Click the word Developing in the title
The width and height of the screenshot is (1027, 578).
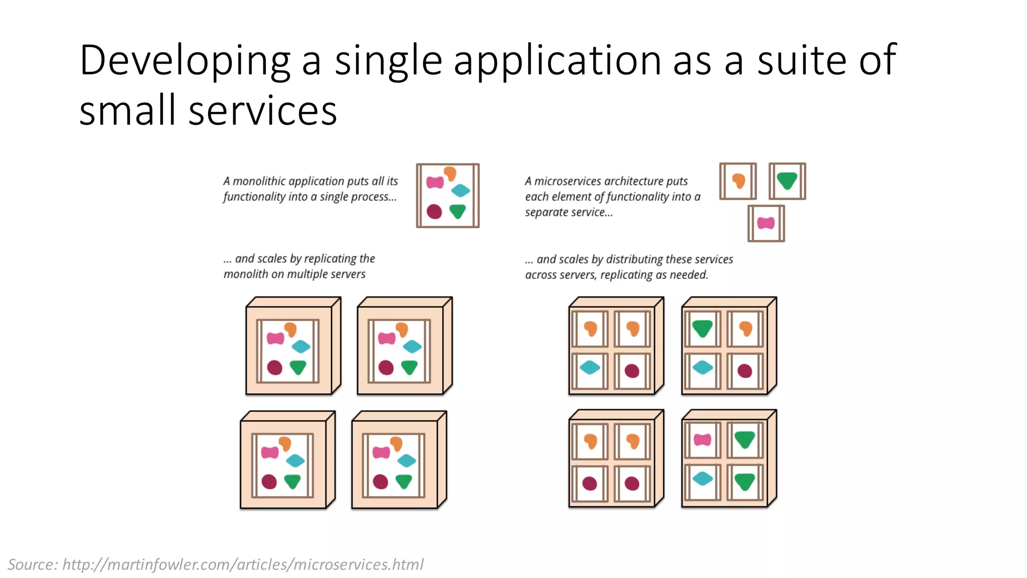click(185, 61)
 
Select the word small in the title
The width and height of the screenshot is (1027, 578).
click(128, 110)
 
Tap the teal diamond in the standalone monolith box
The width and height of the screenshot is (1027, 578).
click(460, 190)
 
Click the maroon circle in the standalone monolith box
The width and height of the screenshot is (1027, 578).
click(434, 212)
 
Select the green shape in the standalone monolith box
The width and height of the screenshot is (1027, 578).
click(457, 211)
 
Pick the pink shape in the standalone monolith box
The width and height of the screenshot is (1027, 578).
click(435, 182)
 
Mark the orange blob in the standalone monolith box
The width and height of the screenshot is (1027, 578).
click(450, 173)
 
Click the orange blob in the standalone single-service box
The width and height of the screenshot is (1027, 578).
click(739, 181)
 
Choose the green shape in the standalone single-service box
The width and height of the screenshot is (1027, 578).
click(787, 180)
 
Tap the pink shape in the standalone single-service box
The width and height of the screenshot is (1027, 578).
click(766, 223)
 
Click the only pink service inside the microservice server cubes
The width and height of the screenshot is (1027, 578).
click(702, 440)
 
